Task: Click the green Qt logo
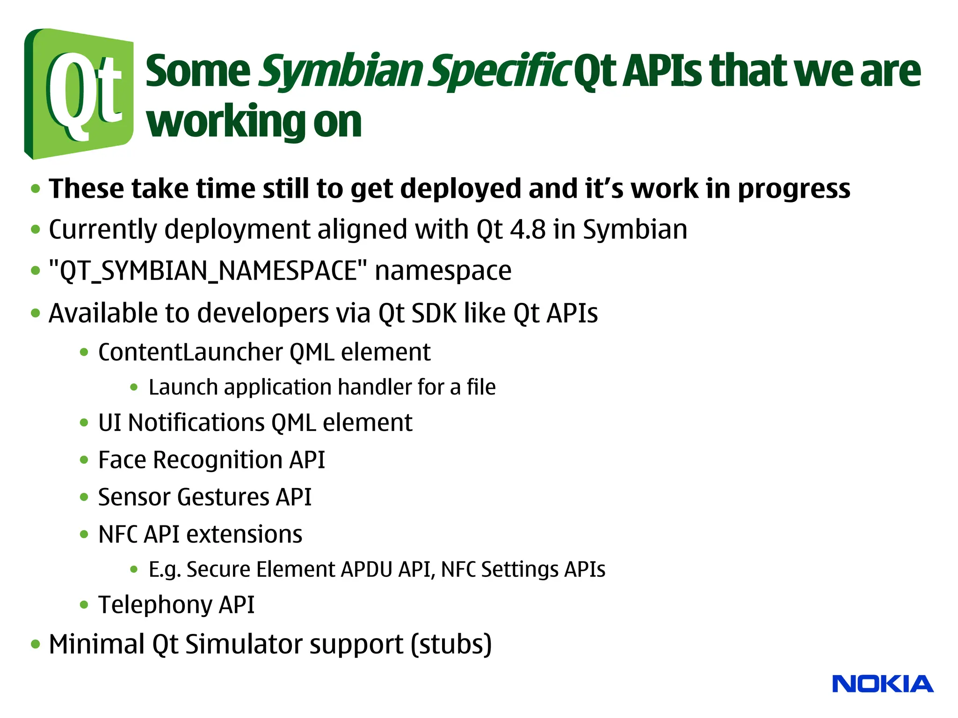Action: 79,93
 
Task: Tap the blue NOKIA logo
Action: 883,684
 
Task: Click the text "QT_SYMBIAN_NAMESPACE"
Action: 208,271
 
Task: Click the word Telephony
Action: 155,605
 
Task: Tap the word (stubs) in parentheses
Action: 451,645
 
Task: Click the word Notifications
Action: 196,423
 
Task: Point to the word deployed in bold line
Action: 460,189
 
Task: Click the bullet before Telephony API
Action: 84,605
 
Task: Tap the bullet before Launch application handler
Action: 134,387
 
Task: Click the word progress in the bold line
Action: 794,189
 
